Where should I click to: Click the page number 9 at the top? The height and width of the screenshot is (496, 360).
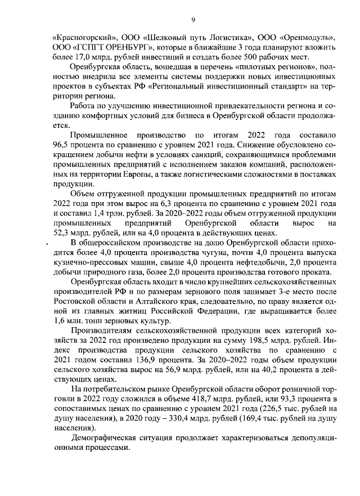click(193, 20)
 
